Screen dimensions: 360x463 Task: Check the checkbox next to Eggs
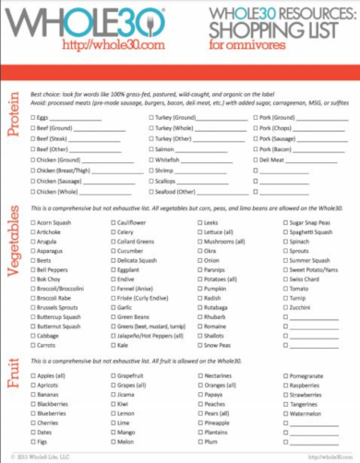point(33,118)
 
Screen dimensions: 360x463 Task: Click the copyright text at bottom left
point(42,456)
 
